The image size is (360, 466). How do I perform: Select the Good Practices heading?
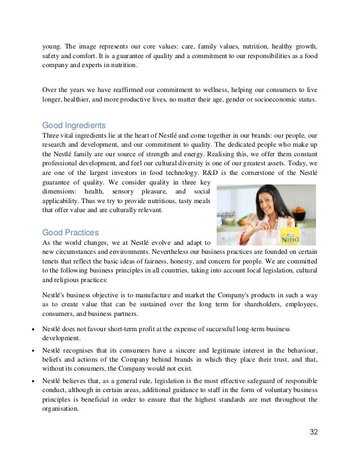[x=71, y=232]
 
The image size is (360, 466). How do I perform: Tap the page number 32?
[x=314, y=432]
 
